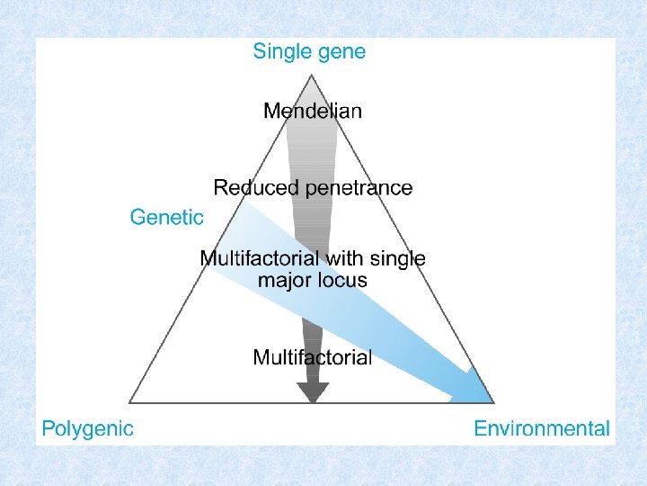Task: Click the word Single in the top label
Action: [280, 51]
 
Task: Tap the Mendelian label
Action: [313, 112]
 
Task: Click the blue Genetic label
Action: [167, 217]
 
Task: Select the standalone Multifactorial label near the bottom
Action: [312, 357]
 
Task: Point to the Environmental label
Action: [542, 429]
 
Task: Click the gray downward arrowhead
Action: [313, 391]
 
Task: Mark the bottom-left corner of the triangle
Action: [130, 401]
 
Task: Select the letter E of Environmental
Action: [480, 429]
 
